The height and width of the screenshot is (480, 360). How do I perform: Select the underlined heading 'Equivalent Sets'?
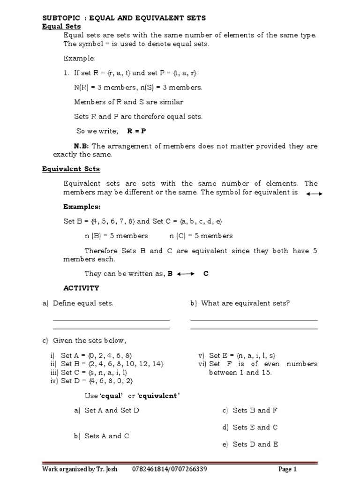click(71, 169)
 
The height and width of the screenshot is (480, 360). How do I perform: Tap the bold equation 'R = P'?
click(137, 131)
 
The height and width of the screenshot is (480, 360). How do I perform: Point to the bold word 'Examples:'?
click(82, 206)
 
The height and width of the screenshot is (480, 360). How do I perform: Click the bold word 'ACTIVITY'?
click(81, 288)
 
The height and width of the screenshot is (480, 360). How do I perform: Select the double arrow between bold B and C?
click(186, 274)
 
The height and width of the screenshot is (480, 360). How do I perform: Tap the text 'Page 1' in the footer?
click(287, 469)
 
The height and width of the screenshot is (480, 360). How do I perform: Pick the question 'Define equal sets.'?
click(83, 303)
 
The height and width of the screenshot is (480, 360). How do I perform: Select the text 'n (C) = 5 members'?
click(201, 236)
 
